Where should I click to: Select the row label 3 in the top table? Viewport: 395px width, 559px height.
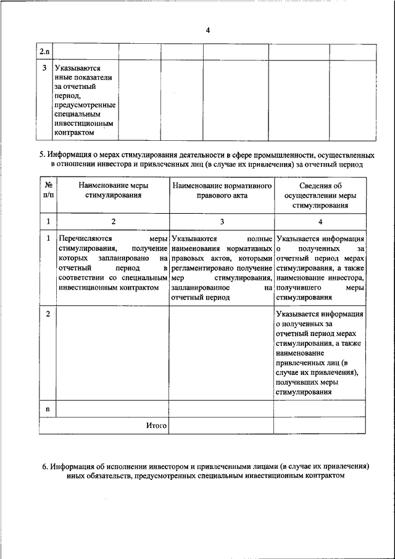(45, 68)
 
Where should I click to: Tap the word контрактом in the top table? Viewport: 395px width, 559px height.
(74, 132)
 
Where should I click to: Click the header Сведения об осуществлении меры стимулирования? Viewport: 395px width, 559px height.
(320, 195)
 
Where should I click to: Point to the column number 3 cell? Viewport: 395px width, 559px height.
(222, 222)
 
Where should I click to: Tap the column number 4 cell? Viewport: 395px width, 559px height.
(320, 222)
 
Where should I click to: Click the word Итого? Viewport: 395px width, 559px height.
(157, 426)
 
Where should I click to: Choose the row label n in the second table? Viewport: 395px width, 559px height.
(48, 410)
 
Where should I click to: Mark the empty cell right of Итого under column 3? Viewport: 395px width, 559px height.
(222, 426)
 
